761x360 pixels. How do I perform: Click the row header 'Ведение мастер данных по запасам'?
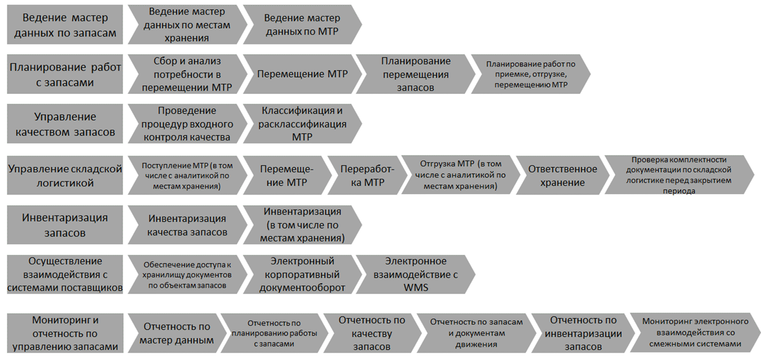click(65, 24)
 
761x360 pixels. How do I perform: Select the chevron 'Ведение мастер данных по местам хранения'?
click(187, 24)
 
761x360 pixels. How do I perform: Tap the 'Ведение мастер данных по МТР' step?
click(302, 24)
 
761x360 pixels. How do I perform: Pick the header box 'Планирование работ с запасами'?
click(65, 74)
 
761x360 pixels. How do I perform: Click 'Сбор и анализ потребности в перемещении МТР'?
click(187, 74)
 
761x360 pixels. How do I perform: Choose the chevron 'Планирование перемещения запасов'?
click(416, 74)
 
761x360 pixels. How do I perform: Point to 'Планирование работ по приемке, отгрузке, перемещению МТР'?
click(531, 74)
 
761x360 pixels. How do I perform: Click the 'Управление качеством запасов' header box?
click(65, 124)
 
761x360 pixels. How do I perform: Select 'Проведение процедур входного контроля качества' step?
click(187, 124)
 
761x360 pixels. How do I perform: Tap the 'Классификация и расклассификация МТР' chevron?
click(302, 124)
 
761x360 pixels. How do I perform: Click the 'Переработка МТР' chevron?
click(367, 175)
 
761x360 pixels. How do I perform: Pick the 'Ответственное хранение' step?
click(563, 175)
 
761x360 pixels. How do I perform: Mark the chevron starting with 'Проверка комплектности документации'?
click(679, 175)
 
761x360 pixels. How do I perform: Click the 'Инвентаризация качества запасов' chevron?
click(187, 225)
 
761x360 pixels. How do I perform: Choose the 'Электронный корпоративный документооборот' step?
click(302, 275)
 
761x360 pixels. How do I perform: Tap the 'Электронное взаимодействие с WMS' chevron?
click(416, 275)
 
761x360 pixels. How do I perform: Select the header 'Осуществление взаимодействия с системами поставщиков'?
click(65, 275)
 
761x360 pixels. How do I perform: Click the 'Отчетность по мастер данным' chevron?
click(177, 333)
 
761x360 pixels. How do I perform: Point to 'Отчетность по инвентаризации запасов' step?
click(583, 333)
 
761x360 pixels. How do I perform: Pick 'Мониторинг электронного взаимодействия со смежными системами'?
click(695, 333)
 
